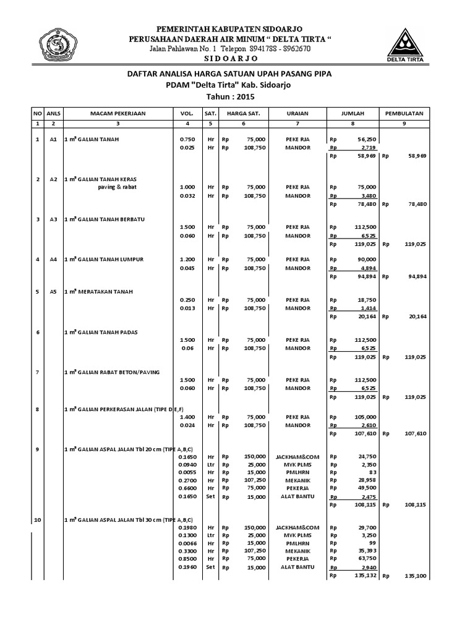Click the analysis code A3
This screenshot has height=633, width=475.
[x=54, y=219]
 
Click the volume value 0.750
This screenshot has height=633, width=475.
[x=187, y=140]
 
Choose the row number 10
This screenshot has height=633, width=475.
[x=38, y=520]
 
